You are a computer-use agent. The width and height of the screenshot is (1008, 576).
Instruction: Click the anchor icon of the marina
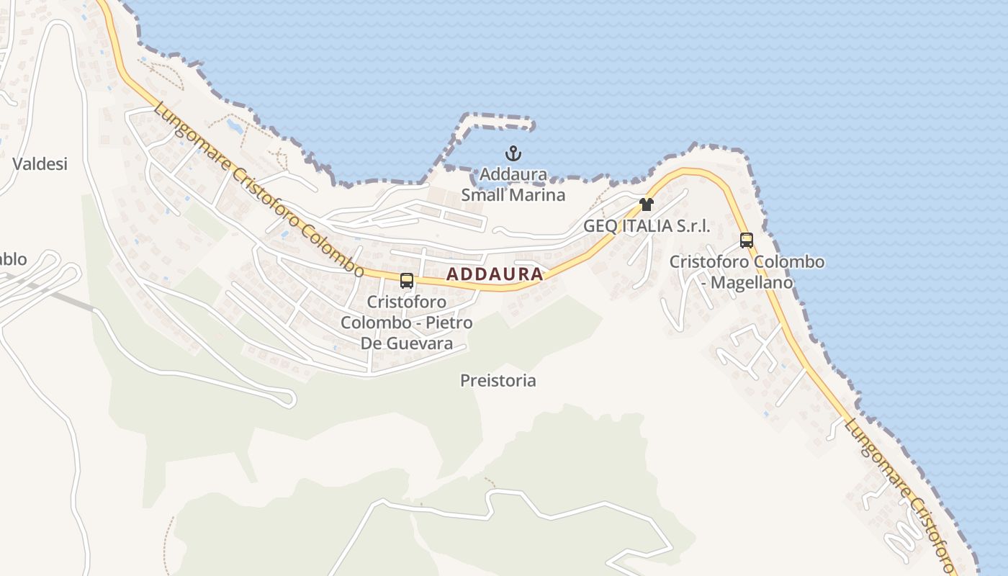pyautogui.click(x=513, y=153)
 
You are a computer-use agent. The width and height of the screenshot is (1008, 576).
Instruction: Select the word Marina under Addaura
pyautogui.click(x=537, y=195)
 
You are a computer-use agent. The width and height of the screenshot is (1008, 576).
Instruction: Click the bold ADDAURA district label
pyautogui.click(x=495, y=274)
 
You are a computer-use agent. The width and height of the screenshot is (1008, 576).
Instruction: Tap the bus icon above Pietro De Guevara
pyautogui.click(x=407, y=280)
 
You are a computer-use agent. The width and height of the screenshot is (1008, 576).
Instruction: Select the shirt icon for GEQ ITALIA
pyautogui.click(x=647, y=204)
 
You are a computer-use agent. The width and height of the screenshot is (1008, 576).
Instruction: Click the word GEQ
pyautogui.click(x=600, y=225)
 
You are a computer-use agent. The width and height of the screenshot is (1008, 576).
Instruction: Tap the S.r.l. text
pyautogui.click(x=693, y=225)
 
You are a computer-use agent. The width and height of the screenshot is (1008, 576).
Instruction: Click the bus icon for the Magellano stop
pyautogui.click(x=747, y=240)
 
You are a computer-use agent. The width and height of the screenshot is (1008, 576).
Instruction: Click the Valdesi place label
pyautogui.click(x=40, y=164)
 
